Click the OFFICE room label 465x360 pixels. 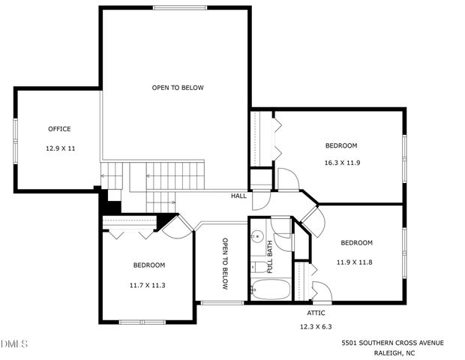point(59,129)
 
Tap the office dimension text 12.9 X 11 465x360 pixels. point(60,148)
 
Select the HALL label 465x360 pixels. point(238,196)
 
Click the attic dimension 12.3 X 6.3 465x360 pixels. point(316,327)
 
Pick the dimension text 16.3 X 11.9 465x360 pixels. point(340,163)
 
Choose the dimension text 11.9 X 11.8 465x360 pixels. point(356,262)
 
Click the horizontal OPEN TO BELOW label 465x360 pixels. point(178,88)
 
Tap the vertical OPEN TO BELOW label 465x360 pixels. point(224,263)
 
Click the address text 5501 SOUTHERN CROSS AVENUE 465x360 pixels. point(392,343)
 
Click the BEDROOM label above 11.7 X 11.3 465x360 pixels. point(149,265)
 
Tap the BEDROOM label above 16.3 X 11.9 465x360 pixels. point(340,145)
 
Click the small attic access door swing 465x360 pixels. point(318,289)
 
